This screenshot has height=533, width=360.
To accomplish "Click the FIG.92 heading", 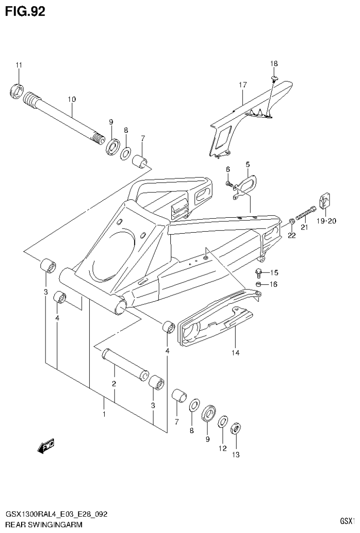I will (x=25, y=11).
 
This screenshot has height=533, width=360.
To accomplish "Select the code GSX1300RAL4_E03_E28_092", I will (x=56, y=514).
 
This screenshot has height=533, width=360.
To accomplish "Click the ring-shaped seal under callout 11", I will (x=17, y=90).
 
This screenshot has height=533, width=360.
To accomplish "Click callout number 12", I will (x=222, y=449).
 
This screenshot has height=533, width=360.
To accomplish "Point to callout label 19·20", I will (x=325, y=221).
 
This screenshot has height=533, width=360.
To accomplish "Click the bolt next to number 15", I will (x=259, y=272).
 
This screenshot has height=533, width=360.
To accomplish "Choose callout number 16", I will (x=274, y=284).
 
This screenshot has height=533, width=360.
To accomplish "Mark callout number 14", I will (x=235, y=352).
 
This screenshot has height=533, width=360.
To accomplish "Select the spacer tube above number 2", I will (x=126, y=363).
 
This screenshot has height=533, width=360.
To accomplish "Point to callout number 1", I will (x=104, y=414).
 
